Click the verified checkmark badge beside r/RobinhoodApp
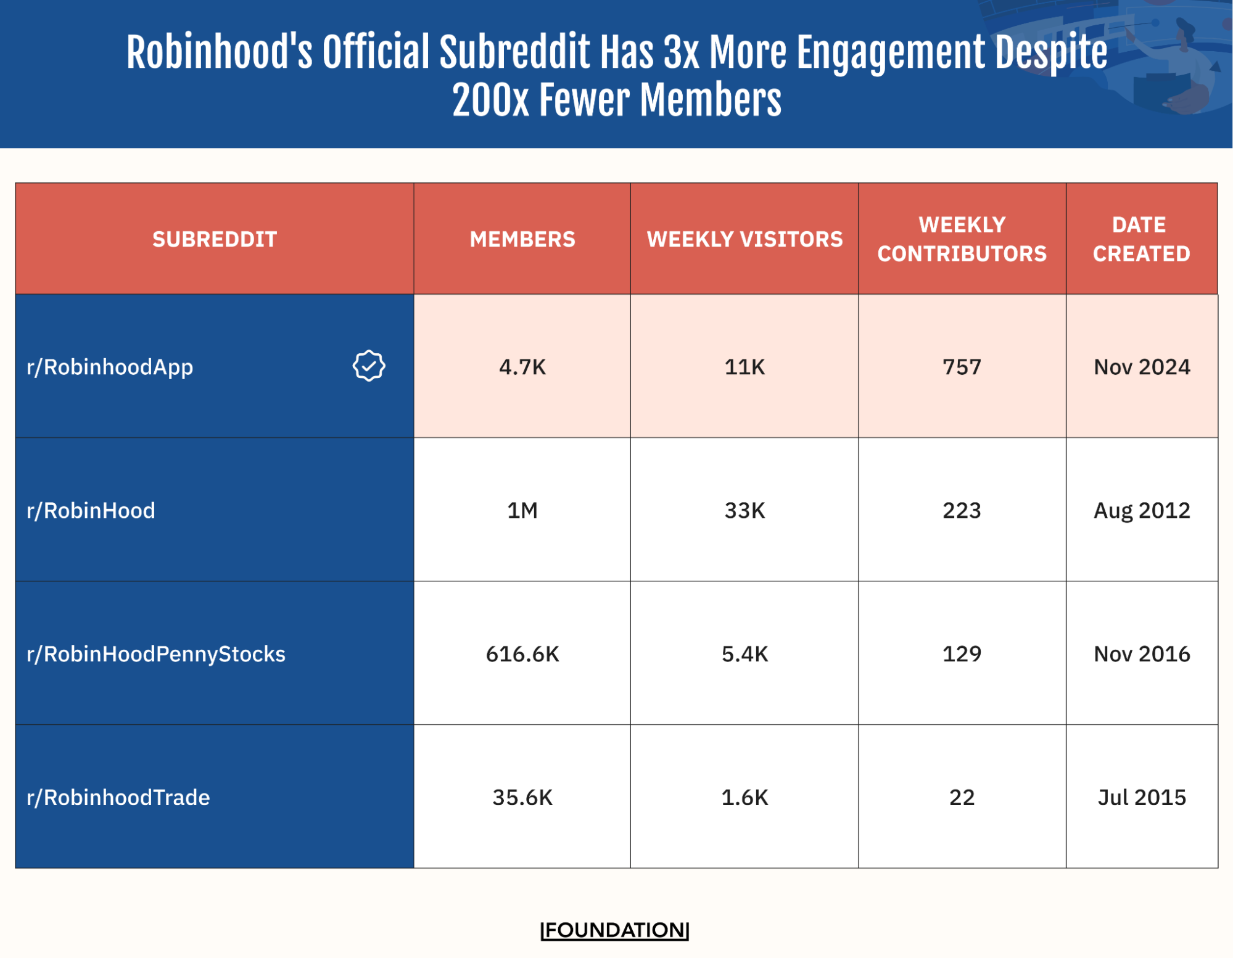369,366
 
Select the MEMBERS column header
522,239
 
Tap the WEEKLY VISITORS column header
744,239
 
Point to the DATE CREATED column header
1141,239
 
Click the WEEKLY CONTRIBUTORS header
962,239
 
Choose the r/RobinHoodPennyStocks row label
156,653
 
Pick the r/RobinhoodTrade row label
118,797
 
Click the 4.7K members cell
522,367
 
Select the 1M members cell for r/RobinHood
522,510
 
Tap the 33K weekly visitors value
744,510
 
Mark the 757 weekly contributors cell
962,367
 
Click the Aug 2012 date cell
1141,510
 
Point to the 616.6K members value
522,653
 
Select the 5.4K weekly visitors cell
744,653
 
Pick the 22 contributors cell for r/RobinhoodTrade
962,797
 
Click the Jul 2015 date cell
1141,797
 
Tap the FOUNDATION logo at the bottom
614,930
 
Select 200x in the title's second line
490,100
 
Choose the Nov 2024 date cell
1141,367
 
